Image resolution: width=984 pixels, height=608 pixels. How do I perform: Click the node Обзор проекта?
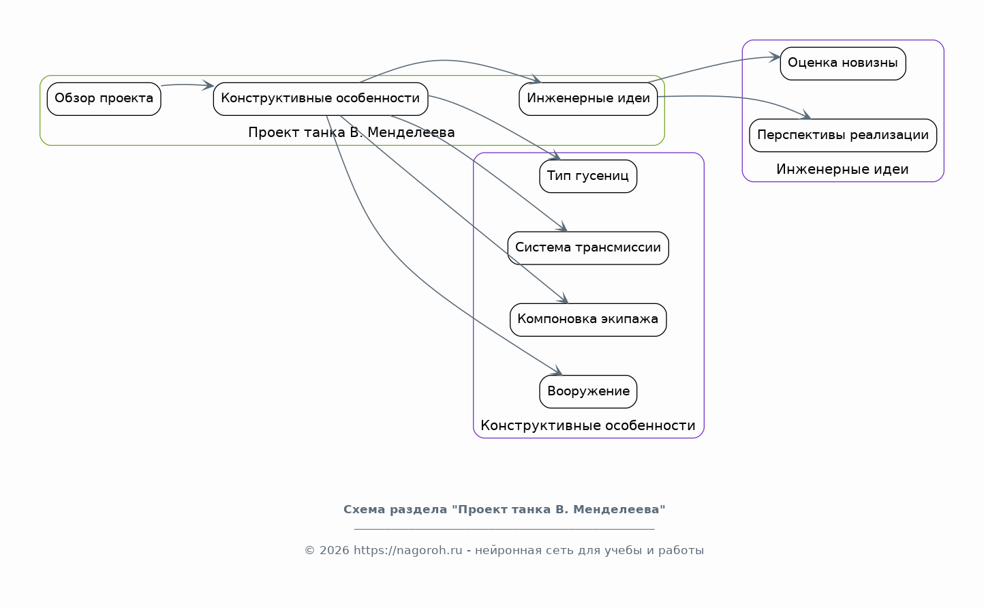click(x=104, y=99)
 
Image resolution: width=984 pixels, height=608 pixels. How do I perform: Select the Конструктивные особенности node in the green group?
click(x=321, y=99)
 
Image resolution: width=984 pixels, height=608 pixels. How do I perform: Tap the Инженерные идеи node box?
click(x=588, y=99)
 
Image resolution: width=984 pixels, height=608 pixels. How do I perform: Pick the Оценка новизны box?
click(x=843, y=63)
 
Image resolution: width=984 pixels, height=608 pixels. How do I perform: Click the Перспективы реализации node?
click(x=843, y=136)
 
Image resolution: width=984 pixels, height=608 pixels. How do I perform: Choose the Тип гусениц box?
click(x=588, y=176)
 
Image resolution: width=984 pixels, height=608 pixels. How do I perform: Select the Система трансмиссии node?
click(x=588, y=248)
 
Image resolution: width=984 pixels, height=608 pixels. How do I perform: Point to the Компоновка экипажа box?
click(x=588, y=320)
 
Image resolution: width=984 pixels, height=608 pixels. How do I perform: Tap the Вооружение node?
click(x=588, y=391)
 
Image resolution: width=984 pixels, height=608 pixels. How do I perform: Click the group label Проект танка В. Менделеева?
click(x=352, y=132)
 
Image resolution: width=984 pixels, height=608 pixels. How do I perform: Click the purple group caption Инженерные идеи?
click(x=842, y=169)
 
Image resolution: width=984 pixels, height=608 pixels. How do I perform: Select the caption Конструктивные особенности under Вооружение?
click(x=588, y=425)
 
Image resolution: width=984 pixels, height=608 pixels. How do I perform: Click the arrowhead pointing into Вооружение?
click(x=558, y=371)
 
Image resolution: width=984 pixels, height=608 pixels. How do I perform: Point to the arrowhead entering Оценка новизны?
click(x=775, y=57)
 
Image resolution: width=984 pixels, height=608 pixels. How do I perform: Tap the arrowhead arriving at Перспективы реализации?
click(x=805, y=115)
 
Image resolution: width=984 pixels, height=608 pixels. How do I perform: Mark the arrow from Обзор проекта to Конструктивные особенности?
click(x=187, y=85)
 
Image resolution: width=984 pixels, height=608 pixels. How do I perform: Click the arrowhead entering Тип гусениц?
click(x=556, y=156)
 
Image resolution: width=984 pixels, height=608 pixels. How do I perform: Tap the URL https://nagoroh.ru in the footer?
click(x=408, y=551)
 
